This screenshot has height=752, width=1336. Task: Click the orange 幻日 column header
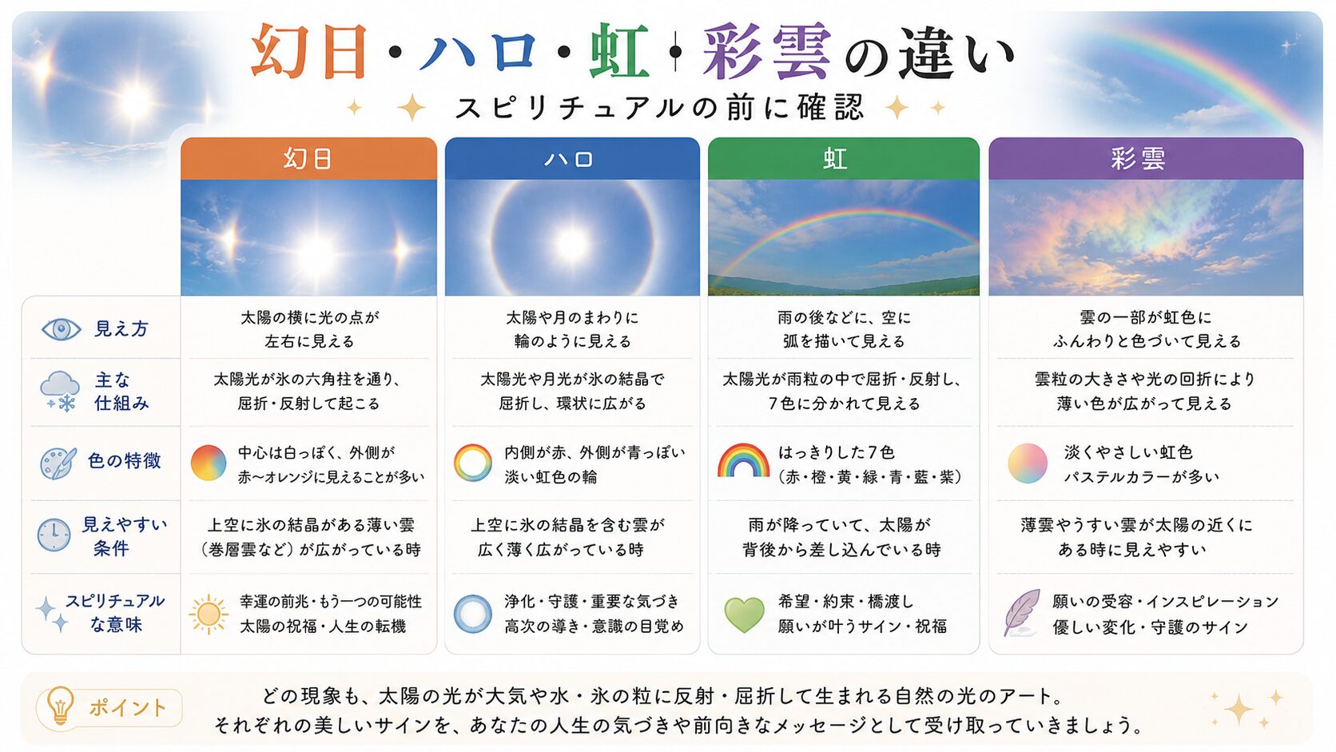(308, 158)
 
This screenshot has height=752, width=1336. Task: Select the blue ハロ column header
(572, 158)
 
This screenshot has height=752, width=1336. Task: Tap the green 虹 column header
(843, 158)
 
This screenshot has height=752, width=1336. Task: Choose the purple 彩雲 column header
(1146, 158)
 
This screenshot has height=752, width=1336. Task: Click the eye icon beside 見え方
(61, 329)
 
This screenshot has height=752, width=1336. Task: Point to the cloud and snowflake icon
(60, 392)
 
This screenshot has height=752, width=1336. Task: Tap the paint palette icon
(58, 463)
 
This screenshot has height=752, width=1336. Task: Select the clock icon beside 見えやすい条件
(54, 535)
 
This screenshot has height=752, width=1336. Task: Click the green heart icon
(744, 615)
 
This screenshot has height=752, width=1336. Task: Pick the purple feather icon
(1022, 612)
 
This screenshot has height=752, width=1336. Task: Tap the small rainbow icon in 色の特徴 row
(743, 460)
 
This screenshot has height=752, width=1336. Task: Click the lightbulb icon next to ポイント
(60, 706)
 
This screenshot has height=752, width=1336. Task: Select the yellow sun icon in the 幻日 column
(209, 615)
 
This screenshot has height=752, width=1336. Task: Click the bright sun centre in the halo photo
(571, 243)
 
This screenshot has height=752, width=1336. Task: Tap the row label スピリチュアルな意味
(115, 612)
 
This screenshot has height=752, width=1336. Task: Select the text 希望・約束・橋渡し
(845, 601)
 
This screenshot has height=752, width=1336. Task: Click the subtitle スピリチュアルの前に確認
(660, 108)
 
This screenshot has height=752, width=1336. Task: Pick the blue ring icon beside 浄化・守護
(472, 614)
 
